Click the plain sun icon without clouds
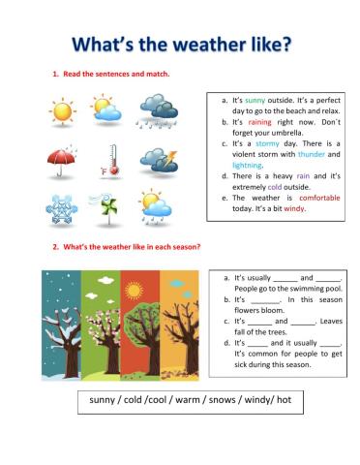coord(62,109)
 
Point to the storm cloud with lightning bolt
coord(158,160)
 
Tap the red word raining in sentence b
coord(259,123)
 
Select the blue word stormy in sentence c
coord(267,143)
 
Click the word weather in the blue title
coord(189,45)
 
